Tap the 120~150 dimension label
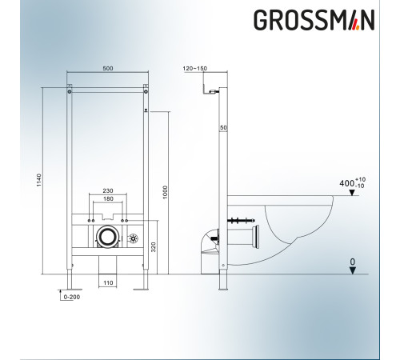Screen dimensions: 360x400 click(x=194, y=70)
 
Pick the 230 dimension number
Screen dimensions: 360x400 click(x=108, y=190)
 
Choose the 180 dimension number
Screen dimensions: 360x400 click(x=108, y=200)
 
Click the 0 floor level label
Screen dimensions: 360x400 click(x=352, y=261)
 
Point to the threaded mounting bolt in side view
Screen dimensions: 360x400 click(x=239, y=218)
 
